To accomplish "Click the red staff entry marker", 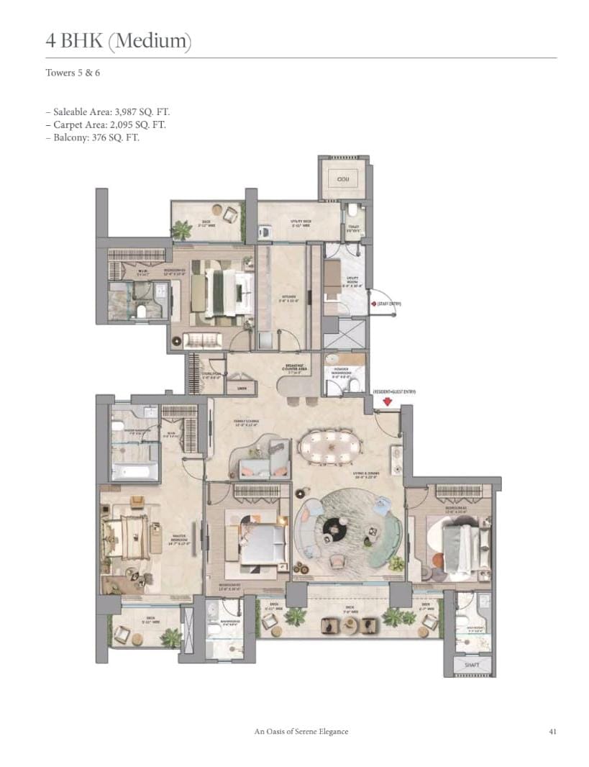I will click(373, 304).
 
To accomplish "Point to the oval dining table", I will click(329, 445).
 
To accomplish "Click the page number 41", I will click(552, 732).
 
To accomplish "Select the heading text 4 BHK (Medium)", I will click(119, 41).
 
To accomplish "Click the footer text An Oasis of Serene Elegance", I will click(301, 732).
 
